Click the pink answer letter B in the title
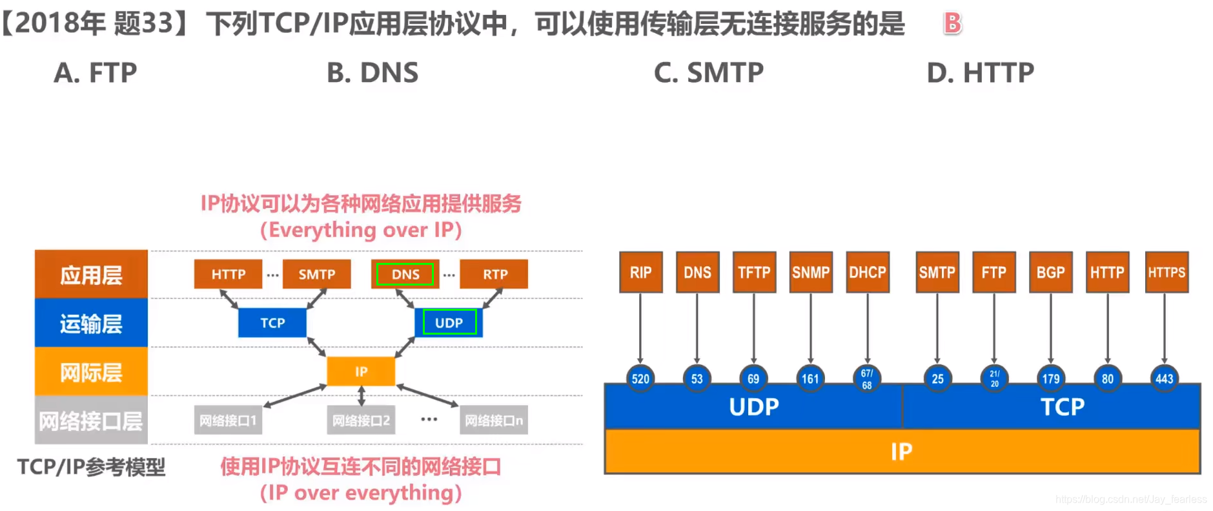tap(952, 24)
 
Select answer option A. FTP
tap(96, 73)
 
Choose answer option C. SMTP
tap(708, 73)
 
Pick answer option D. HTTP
tap(980, 73)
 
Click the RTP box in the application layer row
tap(494, 274)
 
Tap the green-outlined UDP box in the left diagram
tap(449, 322)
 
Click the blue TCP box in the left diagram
tap(272, 322)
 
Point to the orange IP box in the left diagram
tap(361, 371)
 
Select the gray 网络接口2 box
tap(361, 421)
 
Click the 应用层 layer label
tap(91, 275)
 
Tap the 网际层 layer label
tap(91, 372)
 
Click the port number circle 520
tap(640, 379)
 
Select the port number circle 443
tap(1164, 379)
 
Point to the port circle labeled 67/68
tap(866, 379)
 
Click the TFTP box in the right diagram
tap(754, 273)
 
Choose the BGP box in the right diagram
tap(1050, 273)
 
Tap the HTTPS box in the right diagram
tap(1166, 273)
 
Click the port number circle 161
tap(810, 379)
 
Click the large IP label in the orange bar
tap(901, 452)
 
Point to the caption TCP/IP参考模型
tap(91, 466)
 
